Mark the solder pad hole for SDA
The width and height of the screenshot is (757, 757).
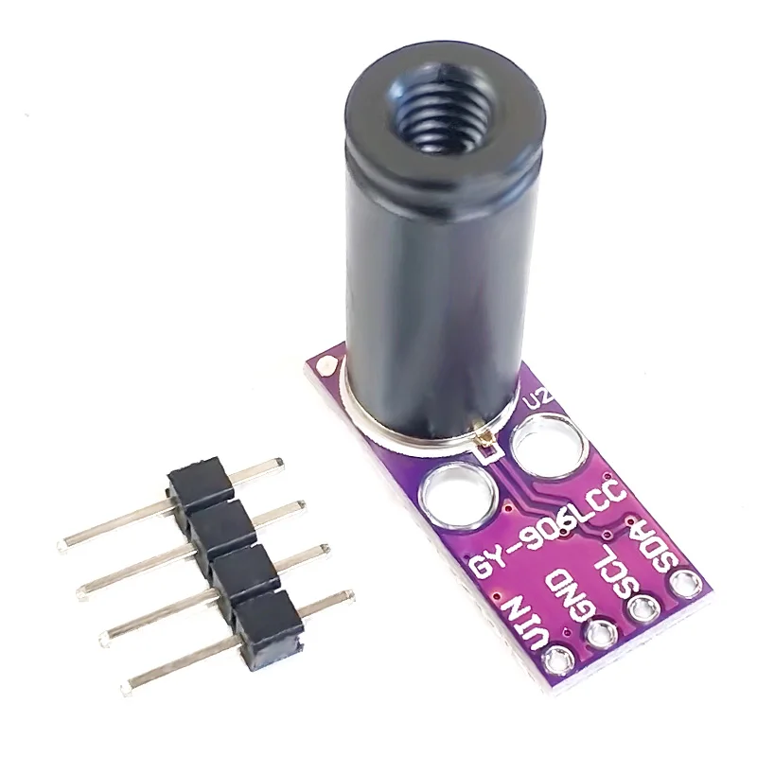682,581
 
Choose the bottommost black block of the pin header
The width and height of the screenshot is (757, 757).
270,625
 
